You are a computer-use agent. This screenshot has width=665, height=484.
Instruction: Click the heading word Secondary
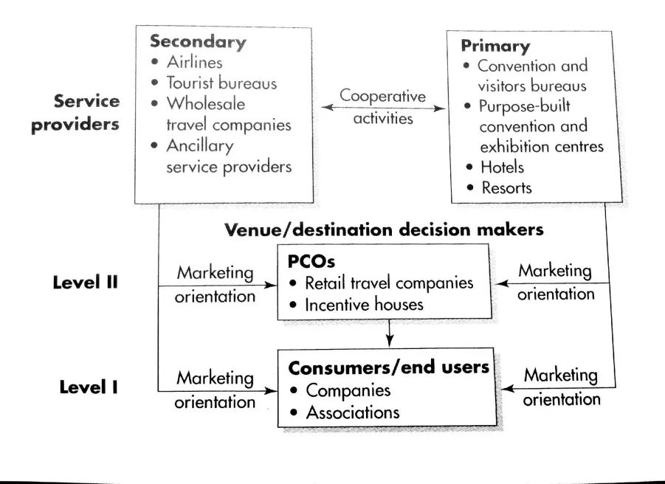click(x=198, y=42)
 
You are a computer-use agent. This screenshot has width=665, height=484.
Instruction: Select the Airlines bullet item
click(x=194, y=63)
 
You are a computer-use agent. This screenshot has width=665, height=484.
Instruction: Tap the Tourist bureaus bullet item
click(x=221, y=83)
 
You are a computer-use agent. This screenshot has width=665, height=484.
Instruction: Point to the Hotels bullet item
click(x=502, y=167)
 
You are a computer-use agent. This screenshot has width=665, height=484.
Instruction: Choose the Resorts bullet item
click(x=506, y=187)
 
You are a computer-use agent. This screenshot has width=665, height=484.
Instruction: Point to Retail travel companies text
click(x=390, y=283)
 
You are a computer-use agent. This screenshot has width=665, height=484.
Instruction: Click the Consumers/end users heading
click(x=389, y=367)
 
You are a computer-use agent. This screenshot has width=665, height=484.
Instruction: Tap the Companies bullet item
click(x=348, y=390)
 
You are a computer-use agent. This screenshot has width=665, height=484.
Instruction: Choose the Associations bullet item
click(x=353, y=412)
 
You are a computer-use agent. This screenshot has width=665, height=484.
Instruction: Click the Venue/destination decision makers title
click(x=384, y=229)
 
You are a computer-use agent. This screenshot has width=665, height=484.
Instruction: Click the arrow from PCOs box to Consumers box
click(x=389, y=333)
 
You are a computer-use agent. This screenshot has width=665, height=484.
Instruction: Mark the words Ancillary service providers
click(x=229, y=156)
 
